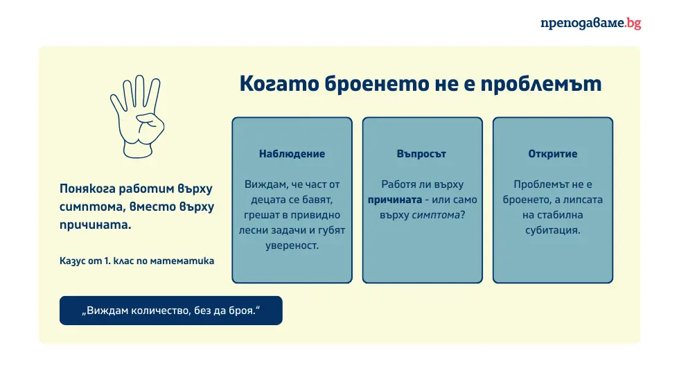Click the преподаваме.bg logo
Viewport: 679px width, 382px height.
point(590,23)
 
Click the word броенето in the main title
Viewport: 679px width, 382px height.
point(378,84)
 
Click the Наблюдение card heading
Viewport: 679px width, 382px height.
point(292,154)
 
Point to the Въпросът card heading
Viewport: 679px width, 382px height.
point(422,154)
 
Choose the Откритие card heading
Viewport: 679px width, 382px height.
point(552,154)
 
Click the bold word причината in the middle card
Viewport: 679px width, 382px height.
point(394,200)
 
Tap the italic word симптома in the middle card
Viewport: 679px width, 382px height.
point(436,215)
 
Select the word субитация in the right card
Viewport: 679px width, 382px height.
point(552,230)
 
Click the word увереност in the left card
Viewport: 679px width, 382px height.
point(292,245)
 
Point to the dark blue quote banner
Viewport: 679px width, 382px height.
point(170,311)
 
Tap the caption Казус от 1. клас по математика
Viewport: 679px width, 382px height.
point(137,261)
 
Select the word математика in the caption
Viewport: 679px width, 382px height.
point(185,261)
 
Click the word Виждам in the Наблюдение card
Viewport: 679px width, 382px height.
point(261,184)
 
